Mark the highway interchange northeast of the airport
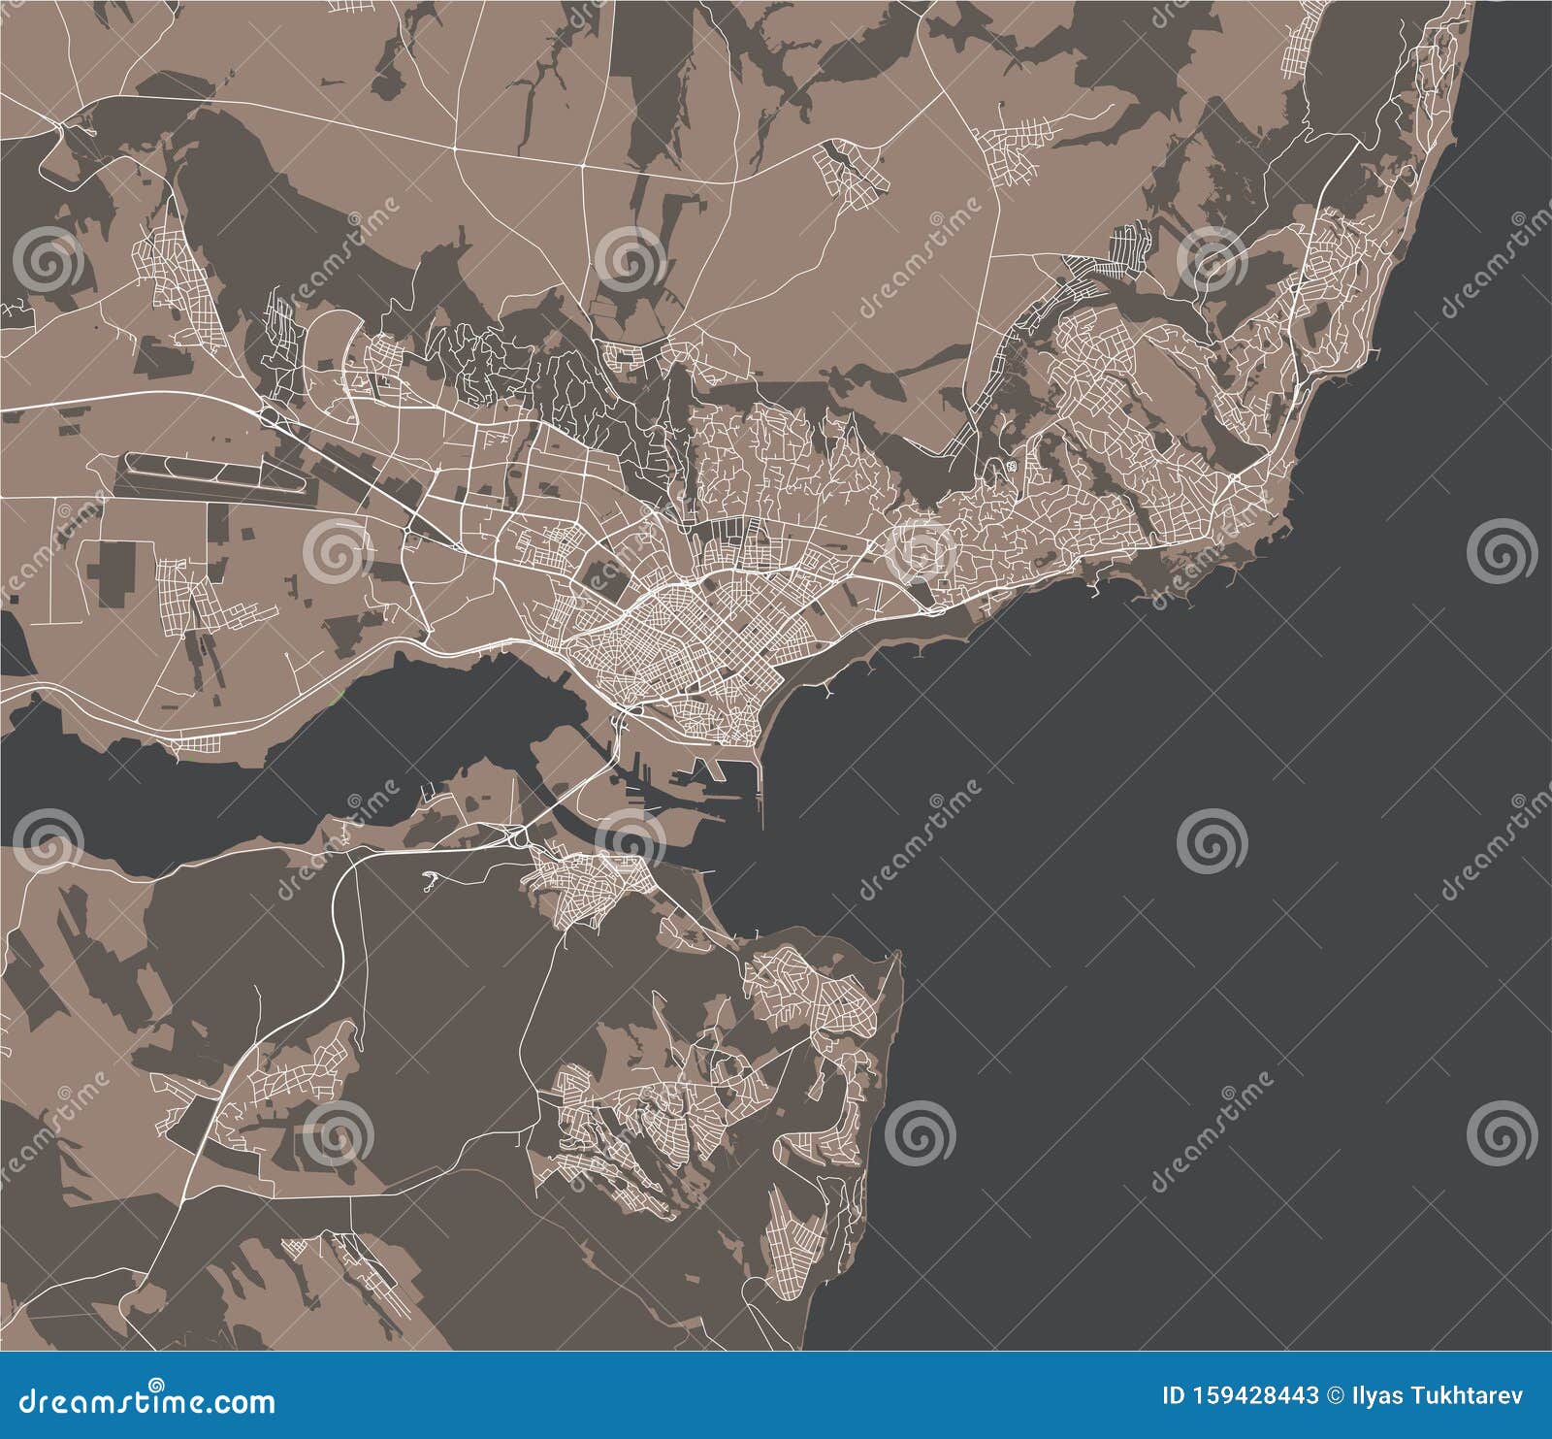(273, 416)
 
